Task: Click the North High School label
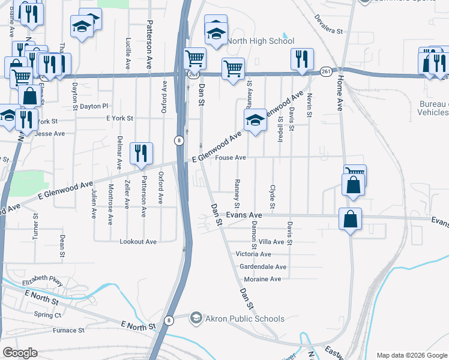click(x=260, y=41)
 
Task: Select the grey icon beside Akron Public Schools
click(x=196, y=318)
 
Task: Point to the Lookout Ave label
click(x=139, y=241)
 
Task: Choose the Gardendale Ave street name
click(x=262, y=266)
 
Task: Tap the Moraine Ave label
click(x=262, y=279)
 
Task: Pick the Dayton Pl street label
click(x=93, y=106)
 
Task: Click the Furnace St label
click(x=68, y=330)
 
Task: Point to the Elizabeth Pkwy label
click(x=42, y=283)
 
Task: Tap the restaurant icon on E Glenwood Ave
click(x=141, y=153)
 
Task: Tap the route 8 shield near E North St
click(x=170, y=320)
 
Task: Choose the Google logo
click(x=20, y=353)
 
